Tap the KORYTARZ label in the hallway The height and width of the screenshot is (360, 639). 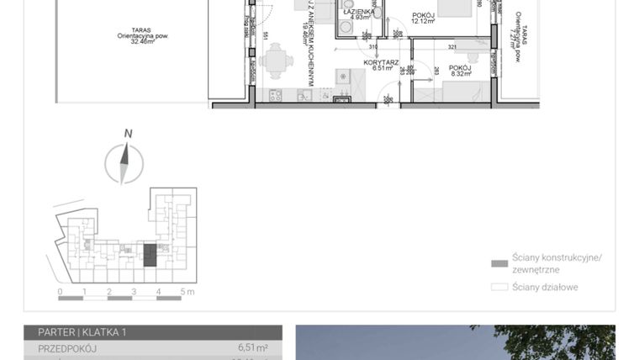tap(380, 62)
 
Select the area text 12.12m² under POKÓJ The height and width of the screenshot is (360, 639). tap(422, 21)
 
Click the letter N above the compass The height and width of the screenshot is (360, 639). tap(128, 133)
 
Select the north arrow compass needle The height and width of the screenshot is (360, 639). tap(124, 162)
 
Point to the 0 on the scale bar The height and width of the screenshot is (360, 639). tap(60, 292)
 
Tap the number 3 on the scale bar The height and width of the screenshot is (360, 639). tap(134, 292)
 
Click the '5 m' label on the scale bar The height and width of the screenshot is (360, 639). tap(187, 292)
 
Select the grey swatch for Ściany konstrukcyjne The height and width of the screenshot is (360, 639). tap(499, 263)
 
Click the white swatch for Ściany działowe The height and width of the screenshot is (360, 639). tap(499, 287)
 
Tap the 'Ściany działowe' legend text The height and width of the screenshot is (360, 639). tap(546, 287)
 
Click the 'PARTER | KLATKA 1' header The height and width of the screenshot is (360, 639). tap(82, 332)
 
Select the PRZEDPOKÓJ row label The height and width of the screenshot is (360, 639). tap(67, 347)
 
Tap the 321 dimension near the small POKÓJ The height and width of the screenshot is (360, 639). tap(452, 47)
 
